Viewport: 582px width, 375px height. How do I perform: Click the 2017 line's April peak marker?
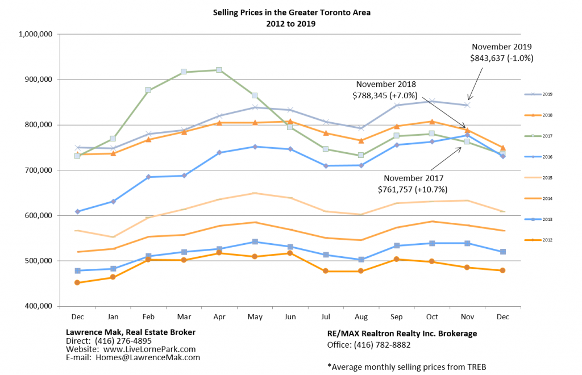[219, 70]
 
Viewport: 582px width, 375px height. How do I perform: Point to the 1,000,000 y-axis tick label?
[36, 34]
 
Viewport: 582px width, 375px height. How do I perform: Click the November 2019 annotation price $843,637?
[502, 58]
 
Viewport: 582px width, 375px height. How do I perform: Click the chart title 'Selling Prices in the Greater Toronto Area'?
[291, 12]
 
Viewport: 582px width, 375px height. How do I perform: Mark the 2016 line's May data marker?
[255, 147]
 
